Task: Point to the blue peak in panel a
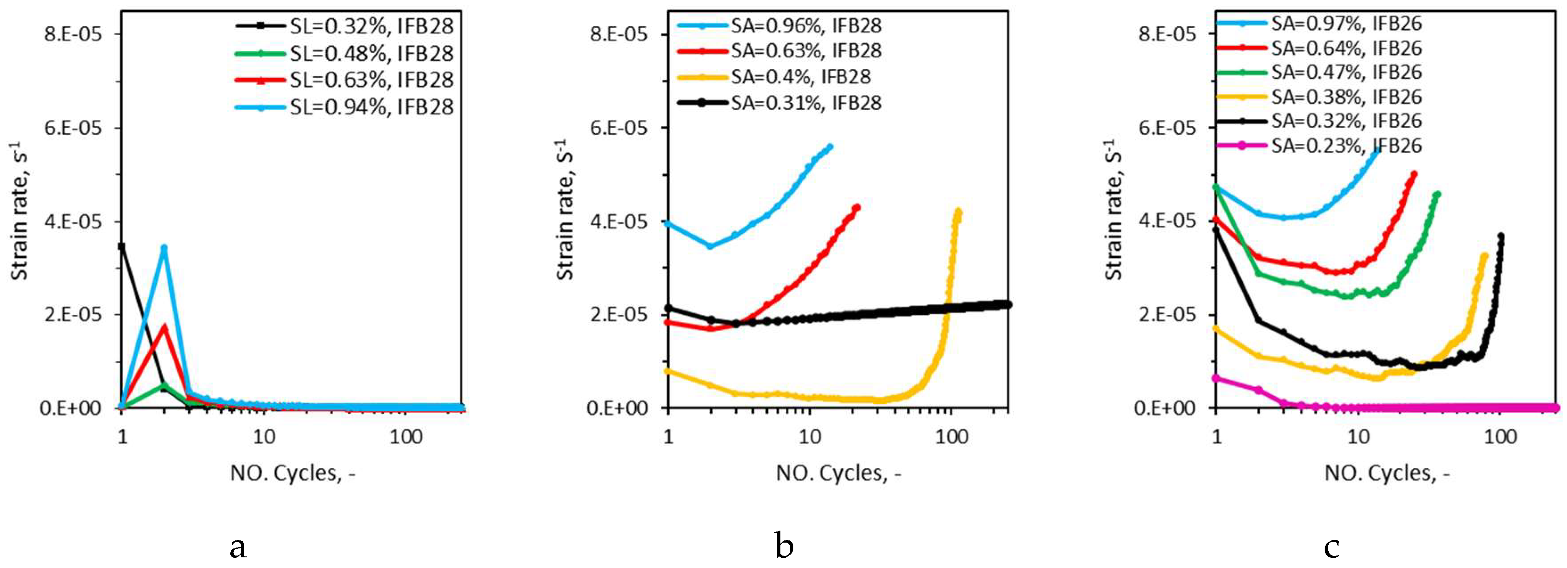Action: (163, 248)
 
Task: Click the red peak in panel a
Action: (163, 327)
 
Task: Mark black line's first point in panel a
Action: (122, 246)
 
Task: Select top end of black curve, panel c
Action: (1502, 236)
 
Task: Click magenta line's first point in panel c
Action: (1216, 377)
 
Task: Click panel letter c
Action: (1331, 545)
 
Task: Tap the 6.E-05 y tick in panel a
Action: (72, 128)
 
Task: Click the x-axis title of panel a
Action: (292, 473)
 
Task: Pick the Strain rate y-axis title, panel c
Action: (1113, 210)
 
